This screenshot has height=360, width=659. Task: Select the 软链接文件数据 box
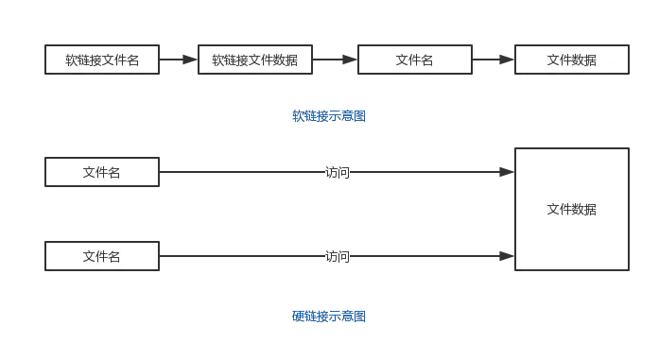coord(255,60)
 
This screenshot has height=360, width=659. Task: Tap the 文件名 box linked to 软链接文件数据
coord(414,60)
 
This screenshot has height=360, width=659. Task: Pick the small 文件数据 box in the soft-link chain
coord(572,60)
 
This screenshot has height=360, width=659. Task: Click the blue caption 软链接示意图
coord(329,117)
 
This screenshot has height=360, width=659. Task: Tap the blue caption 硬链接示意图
coord(329,317)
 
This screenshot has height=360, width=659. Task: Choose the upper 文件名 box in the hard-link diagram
coord(102,172)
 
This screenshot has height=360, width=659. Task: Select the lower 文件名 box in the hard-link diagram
coord(102,256)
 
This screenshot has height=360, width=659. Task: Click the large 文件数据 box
coord(572,209)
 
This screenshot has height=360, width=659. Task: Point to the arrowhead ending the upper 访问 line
coord(508,173)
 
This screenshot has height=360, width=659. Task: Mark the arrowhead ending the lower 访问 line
coord(508,256)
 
